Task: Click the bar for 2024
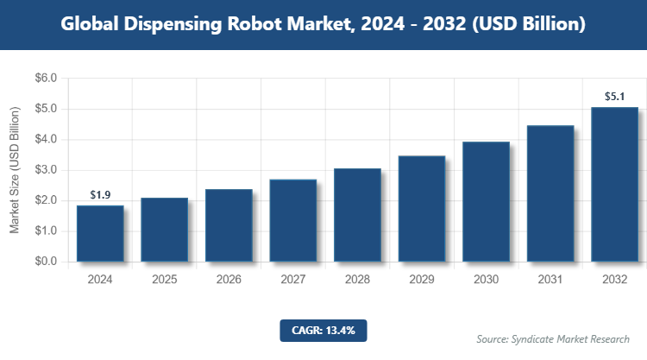point(99,233)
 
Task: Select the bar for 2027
point(292,220)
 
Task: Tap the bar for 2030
point(486,201)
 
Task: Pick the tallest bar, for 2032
point(614,184)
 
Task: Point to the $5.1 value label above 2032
point(614,97)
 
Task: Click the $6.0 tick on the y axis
point(46,79)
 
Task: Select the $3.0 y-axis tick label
point(46,170)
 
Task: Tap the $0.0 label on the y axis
point(46,262)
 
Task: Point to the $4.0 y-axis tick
point(46,140)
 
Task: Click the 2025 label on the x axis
point(164,280)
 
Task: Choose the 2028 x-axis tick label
point(357,280)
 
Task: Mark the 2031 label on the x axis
point(550,280)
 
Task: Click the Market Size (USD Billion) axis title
point(15,170)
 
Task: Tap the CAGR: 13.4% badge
point(323,330)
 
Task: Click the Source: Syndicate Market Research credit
point(553,338)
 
